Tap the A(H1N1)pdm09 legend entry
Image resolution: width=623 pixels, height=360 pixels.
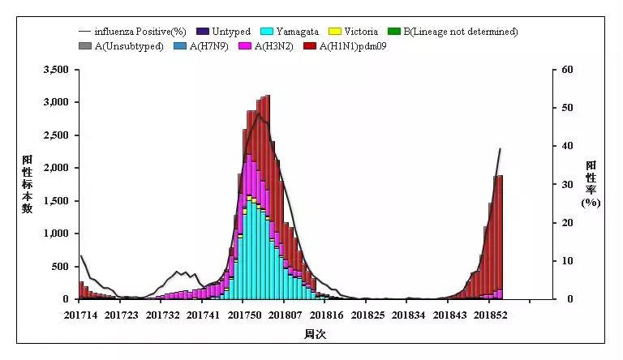tap(345, 46)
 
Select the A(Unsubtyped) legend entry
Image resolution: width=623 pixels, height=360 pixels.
tap(128, 46)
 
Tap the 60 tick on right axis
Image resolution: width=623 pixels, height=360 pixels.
tap(569, 70)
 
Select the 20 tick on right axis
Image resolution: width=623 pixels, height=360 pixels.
tap(569, 223)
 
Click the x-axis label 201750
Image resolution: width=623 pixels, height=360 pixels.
tap(243, 315)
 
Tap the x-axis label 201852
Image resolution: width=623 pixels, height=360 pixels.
tap(492, 315)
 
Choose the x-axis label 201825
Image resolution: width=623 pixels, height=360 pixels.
tap(367, 315)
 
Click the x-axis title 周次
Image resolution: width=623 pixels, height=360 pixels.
tap(314, 334)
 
